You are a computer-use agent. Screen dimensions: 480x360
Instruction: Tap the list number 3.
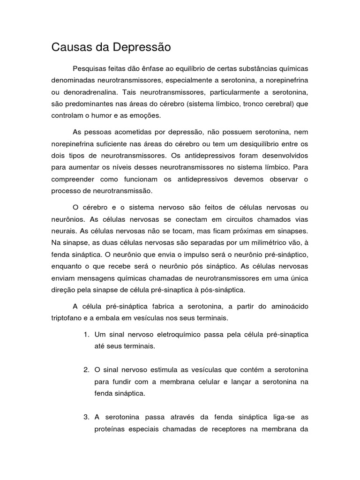point(86,417)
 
